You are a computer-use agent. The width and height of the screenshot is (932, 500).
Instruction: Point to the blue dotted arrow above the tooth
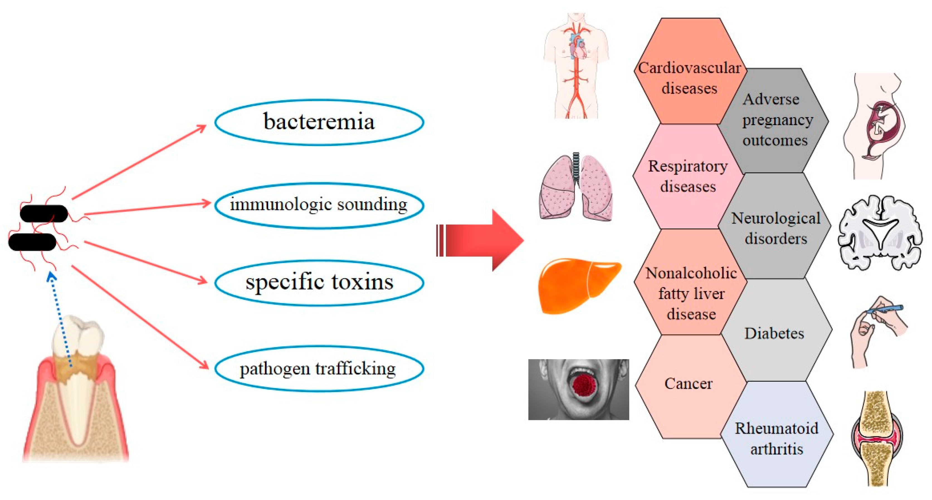pyautogui.click(x=61, y=319)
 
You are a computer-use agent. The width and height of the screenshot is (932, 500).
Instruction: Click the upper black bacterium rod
pyautogui.click(x=44, y=213)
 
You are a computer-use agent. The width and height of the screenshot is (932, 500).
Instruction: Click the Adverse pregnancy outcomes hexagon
pyautogui.click(x=774, y=120)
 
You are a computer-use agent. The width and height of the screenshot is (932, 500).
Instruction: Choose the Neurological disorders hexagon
pyautogui.click(x=775, y=228)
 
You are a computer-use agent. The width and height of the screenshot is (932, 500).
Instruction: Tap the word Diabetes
pyautogui.click(x=774, y=333)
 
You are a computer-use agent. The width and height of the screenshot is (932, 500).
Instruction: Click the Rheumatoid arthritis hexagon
pyautogui.click(x=776, y=438)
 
